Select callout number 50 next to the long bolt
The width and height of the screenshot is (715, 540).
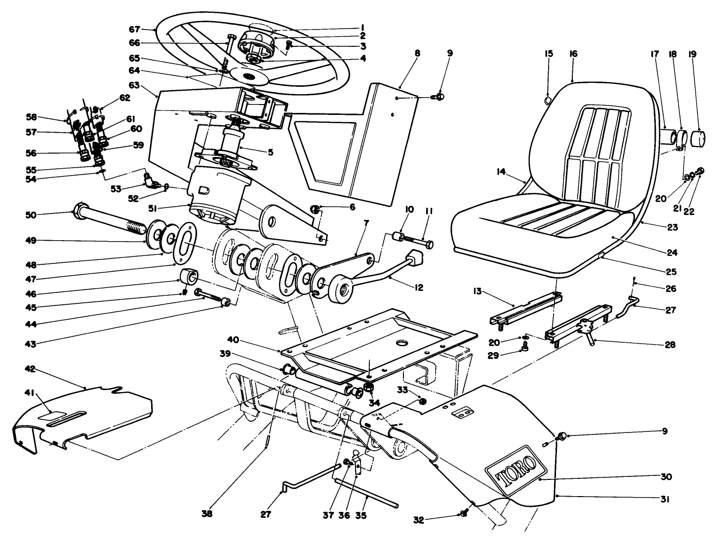tap(31, 215)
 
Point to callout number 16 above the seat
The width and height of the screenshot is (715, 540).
tap(573, 54)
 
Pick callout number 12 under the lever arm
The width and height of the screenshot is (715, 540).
tap(419, 287)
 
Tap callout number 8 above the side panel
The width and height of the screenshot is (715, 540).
tap(417, 53)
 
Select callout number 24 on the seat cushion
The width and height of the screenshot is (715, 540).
tap(671, 252)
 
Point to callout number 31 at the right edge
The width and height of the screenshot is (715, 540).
tap(665, 499)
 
